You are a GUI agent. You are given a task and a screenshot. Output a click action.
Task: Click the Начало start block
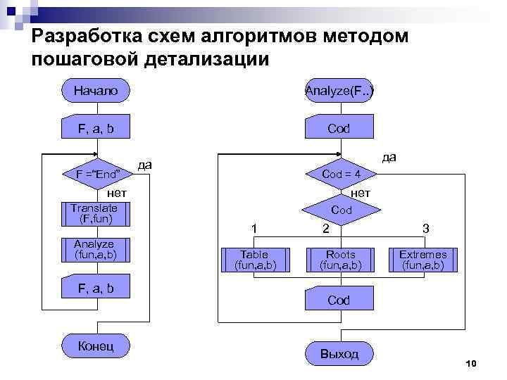click(x=96, y=90)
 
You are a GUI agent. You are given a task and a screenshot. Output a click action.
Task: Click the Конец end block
click(x=96, y=346)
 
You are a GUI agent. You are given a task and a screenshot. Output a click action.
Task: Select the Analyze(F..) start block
click(x=339, y=90)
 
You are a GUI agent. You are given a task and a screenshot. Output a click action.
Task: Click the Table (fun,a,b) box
click(x=255, y=260)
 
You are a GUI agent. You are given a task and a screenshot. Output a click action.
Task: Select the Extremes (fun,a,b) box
click(x=423, y=260)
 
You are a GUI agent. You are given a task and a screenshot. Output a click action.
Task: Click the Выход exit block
click(x=339, y=353)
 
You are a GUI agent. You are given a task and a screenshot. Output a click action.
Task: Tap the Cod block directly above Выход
click(x=339, y=300)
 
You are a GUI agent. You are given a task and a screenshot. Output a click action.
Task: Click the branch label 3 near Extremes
click(x=425, y=229)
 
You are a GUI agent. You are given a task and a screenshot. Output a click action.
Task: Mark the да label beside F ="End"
click(x=145, y=164)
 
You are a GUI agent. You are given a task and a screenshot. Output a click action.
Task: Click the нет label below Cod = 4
click(x=360, y=192)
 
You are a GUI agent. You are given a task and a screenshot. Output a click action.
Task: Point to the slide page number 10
click(x=471, y=363)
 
